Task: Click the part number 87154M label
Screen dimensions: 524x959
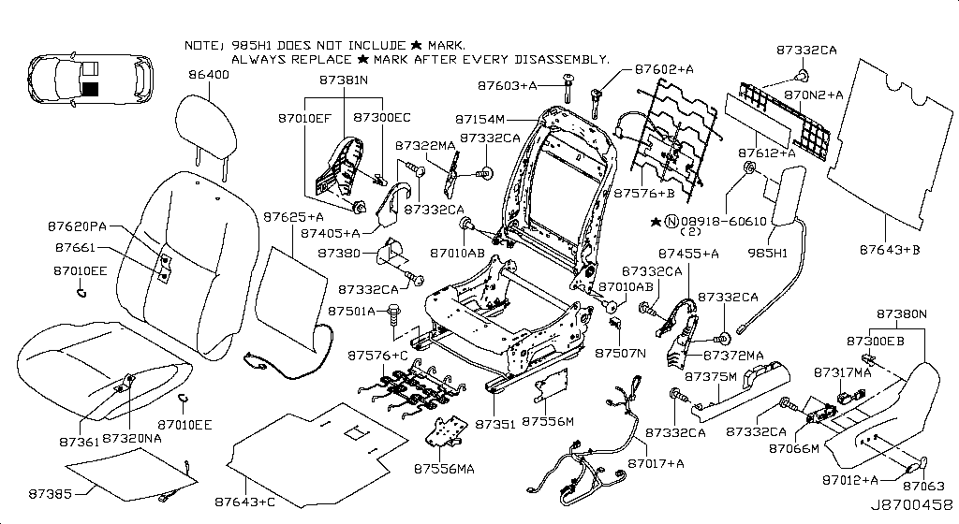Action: click(x=480, y=120)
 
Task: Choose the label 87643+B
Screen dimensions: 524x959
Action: click(x=890, y=250)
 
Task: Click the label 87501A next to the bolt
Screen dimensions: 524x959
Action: click(x=351, y=311)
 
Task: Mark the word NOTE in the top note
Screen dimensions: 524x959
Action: click(x=200, y=45)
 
